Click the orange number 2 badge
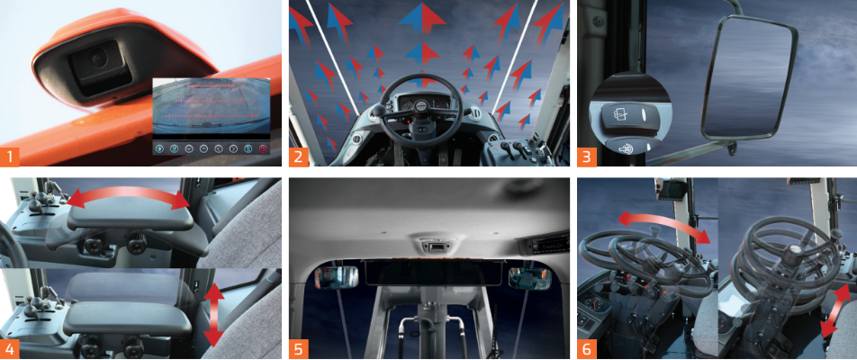[299, 157]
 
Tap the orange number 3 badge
[586, 157]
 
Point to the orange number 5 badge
[299, 349]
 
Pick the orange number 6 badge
[586, 349]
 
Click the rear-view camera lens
[99, 58]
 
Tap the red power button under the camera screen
[264, 148]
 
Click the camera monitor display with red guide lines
[211, 106]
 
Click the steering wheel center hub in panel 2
[421, 104]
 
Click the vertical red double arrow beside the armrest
[213, 315]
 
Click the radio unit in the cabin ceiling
[547, 246]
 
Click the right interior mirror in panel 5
[524, 278]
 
